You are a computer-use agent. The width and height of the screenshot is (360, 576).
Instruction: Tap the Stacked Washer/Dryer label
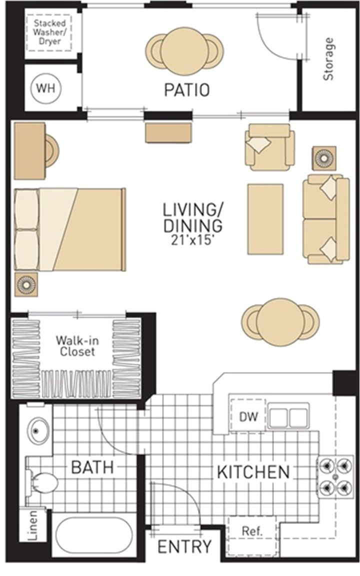tap(48, 30)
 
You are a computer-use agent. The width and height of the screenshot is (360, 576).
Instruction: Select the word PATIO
tap(186, 90)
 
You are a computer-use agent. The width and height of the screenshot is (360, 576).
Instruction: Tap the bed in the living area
tap(70, 229)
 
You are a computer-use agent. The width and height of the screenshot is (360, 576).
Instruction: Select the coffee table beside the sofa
tap(265, 218)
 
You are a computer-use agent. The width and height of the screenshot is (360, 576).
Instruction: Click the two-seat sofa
tap(325, 219)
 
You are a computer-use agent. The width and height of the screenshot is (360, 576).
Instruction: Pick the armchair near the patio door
tap(269, 147)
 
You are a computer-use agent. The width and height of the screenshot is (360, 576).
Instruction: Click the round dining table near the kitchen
tap(280, 321)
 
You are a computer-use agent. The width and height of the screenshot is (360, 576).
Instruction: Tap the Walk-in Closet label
tap(75, 345)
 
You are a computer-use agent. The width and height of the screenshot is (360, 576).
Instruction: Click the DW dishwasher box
tap(248, 416)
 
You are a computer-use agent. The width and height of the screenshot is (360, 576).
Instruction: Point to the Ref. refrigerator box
tap(252, 531)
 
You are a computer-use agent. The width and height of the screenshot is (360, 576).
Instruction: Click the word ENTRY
tap(184, 546)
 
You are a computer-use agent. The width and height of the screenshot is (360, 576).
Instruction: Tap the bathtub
tap(93, 535)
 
